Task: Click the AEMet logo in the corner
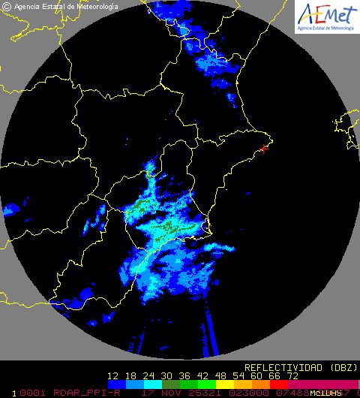point(327,16)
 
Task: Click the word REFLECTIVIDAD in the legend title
point(281,367)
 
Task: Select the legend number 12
point(113,375)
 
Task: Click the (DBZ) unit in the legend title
point(337,367)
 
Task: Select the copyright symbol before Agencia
point(7,6)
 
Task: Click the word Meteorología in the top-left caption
point(94,6)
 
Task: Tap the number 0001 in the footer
point(31,392)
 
